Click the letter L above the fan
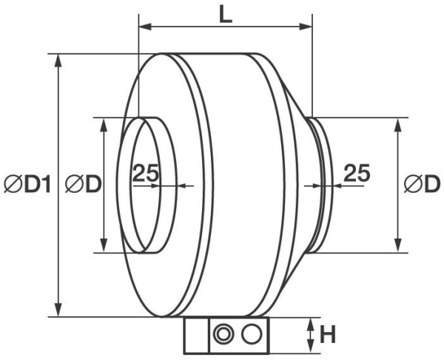[x=226, y=14]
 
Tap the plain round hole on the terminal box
[x=252, y=335]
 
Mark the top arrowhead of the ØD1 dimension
[x=58, y=59]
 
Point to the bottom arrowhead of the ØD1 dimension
[x=58, y=312]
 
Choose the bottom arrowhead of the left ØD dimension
[x=104, y=245]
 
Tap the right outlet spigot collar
[x=319, y=185]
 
